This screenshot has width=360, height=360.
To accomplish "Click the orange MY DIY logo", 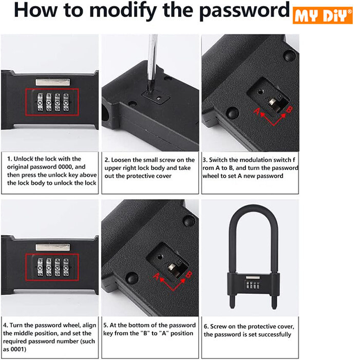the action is point(323,15).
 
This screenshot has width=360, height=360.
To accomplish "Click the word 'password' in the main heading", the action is point(244,11).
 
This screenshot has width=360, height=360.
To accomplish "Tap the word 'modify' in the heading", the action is point(123,11).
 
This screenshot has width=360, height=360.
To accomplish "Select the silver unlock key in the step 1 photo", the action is point(53,82).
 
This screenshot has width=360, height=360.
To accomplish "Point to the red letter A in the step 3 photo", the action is point(257,111).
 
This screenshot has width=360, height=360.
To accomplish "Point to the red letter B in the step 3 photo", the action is point(290,109).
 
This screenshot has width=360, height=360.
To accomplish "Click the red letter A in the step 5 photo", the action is point(156,276).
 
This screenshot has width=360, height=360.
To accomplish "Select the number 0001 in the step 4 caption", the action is point(17,349).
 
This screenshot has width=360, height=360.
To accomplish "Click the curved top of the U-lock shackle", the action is point(254,209).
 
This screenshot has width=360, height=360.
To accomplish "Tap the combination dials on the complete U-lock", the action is point(253,285).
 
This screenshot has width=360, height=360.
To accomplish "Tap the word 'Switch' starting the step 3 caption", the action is point(218,160).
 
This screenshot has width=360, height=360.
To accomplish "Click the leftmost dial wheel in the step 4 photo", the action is point(40,267).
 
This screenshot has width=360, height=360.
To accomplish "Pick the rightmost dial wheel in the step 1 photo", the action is point(66,102).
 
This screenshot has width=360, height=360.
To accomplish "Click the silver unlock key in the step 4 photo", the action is point(53,247).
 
